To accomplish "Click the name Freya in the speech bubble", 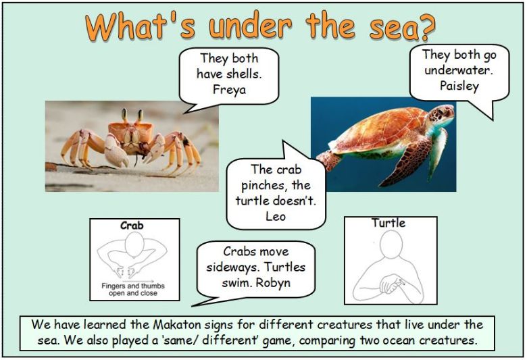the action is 229,90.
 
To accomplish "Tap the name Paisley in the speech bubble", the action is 459,86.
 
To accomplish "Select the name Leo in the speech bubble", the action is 276,216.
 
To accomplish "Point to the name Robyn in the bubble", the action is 273,283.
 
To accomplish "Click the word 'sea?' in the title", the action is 402,27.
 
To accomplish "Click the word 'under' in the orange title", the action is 251,26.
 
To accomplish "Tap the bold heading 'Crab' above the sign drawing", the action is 132,225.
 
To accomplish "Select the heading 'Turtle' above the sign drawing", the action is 388,223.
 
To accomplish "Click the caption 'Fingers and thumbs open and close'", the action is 133,289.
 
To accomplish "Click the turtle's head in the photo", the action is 441,116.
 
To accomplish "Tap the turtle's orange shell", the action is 380,130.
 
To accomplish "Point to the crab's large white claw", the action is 116,151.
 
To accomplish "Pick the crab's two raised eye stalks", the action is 132,115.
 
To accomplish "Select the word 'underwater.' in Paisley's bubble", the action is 459,70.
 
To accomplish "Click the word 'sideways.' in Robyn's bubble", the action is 230,267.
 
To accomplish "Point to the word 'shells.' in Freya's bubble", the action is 245,74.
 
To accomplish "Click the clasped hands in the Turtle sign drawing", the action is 391,284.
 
